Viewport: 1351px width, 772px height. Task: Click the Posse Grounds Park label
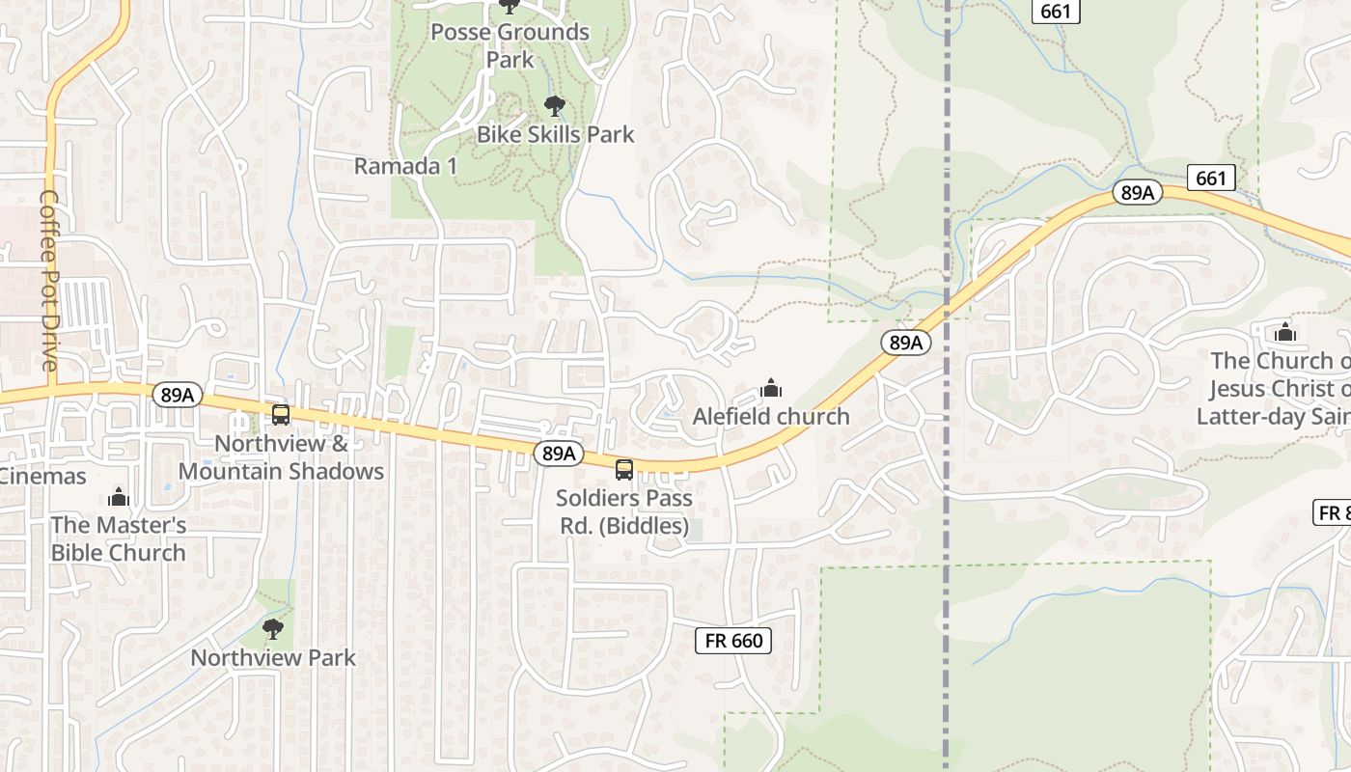click(x=510, y=45)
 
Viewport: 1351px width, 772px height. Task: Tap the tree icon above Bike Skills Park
click(x=554, y=105)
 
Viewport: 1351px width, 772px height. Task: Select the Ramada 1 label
click(x=405, y=166)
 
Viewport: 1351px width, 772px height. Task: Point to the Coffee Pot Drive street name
click(x=49, y=280)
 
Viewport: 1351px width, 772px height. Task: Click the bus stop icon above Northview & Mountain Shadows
click(x=281, y=415)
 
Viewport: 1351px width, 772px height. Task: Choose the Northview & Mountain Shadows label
click(x=281, y=457)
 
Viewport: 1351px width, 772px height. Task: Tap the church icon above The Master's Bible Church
click(x=119, y=497)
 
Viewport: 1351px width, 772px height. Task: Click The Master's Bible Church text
click(x=119, y=538)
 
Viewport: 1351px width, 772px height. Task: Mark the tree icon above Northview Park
click(x=273, y=629)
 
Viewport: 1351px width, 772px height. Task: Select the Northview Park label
click(x=273, y=658)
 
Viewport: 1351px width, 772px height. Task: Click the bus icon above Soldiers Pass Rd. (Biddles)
click(x=624, y=470)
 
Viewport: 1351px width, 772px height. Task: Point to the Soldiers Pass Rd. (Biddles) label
click(x=624, y=512)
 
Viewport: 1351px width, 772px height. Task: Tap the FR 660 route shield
click(x=733, y=641)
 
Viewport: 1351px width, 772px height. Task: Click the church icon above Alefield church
click(x=771, y=388)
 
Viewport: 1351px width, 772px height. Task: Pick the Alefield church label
click(x=771, y=417)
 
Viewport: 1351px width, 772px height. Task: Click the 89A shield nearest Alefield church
click(x=905, y=343)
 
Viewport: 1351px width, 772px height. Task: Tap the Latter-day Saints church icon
click(x=1284, y=333)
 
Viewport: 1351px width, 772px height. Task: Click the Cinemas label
click(x=42, y=476)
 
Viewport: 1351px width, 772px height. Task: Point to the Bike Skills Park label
click(x=556, y=134)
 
